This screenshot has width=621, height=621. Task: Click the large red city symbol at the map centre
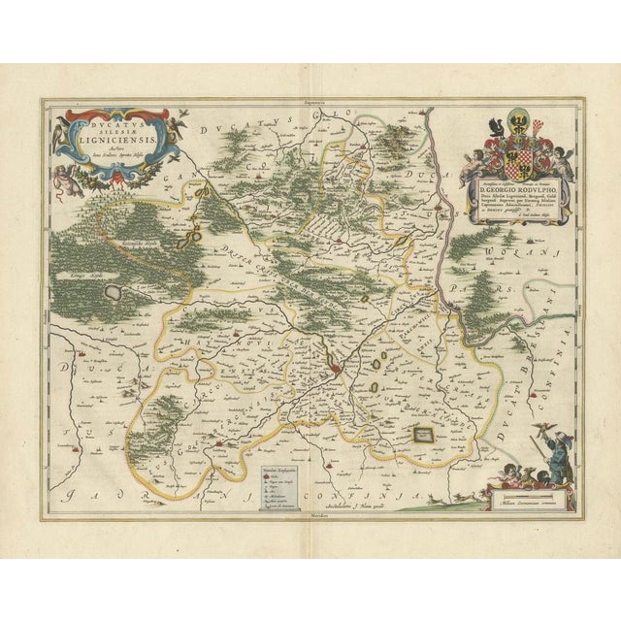point(334,369)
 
